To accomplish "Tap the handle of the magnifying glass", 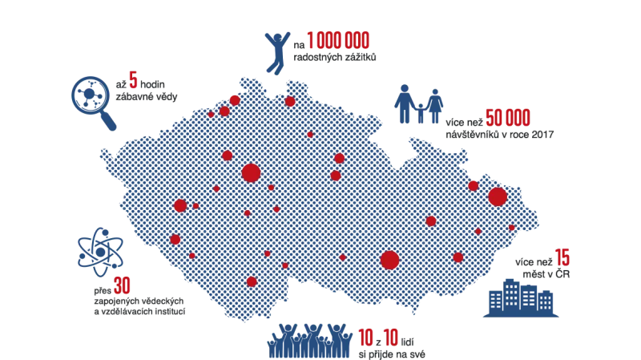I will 110,122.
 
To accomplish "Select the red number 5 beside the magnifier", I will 131,82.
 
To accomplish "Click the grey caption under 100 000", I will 333,59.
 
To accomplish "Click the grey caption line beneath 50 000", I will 498,135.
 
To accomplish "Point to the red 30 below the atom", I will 122,285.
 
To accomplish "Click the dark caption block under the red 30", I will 136,305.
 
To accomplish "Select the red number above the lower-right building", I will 563,259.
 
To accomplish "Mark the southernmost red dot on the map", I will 252,281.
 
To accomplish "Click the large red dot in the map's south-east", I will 390,260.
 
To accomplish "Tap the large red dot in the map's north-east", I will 498,196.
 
